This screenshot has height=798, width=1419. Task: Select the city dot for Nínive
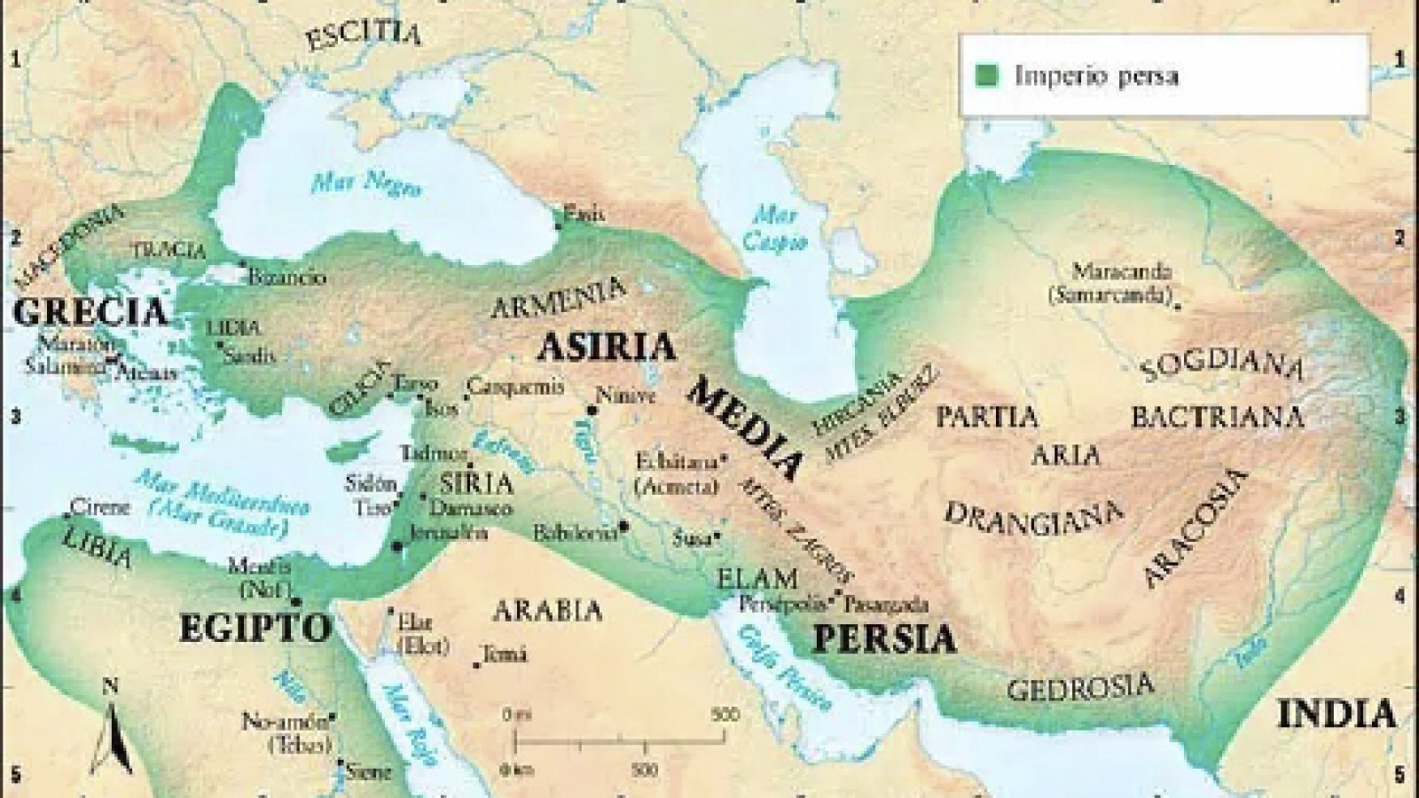(x=591, y=411)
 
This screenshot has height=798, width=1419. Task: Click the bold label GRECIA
(x=90, y=312)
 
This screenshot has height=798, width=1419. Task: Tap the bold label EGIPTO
(x=255, y=628)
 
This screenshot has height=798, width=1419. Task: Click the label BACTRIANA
(x=1217, y=417)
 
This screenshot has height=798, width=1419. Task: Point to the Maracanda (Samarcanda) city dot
(x=1178, y=306)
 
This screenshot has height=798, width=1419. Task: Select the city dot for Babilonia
(x=624, y=526)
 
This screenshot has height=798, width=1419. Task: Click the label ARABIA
(x=547, y=611)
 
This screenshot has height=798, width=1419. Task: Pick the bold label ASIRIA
(x=607, y=347)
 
